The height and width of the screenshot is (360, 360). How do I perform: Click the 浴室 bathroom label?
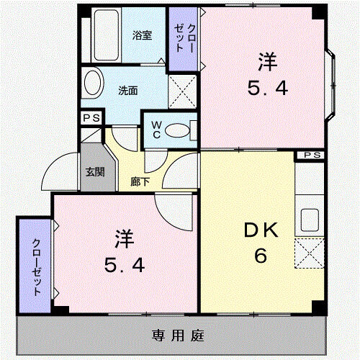tap(142, 35)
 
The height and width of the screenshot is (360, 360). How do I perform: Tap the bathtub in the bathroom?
tap(107, 35)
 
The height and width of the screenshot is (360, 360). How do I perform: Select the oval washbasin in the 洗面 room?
tap(93, 83)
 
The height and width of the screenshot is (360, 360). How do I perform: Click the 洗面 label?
tap(128, 91)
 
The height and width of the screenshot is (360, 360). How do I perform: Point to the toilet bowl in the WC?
tap(177, 130)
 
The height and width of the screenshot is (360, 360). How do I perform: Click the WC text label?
tap(156, 130)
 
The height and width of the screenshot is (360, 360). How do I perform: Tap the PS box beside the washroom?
tap(91, 118)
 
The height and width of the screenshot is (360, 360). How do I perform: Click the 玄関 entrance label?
tap(95, 172)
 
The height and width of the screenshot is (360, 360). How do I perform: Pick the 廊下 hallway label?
tap(140, 181)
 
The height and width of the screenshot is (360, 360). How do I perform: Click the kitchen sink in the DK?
tap(310, 220)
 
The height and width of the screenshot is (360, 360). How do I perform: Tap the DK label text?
tap(261, 230)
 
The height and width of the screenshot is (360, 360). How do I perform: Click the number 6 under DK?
tap(261, 256)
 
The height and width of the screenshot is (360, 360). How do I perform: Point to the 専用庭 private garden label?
tap(178, 336)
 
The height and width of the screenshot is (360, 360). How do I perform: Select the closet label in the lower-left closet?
tap(37, 267)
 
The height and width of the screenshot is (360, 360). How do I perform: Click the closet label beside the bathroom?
tap(184, 37)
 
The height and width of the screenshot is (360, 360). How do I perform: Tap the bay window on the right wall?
tap(330, 84)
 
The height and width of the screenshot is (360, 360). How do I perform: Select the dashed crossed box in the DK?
tap(310, 253)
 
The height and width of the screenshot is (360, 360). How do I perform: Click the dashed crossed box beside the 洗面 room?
tap(183, 91)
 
